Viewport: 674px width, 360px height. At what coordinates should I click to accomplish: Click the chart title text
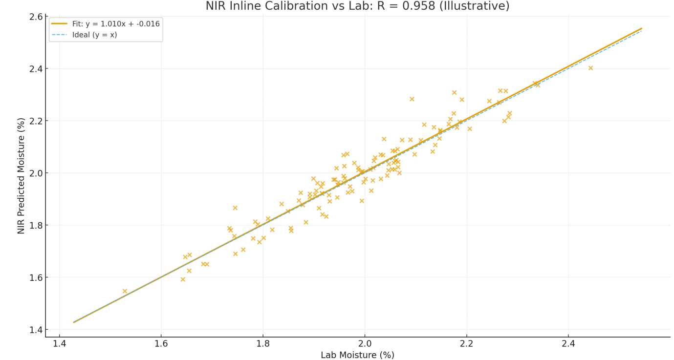pos(357,6)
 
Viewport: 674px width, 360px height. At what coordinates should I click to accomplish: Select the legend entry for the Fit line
pos(106,24)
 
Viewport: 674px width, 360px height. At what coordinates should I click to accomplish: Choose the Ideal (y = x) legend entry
pos(84,35)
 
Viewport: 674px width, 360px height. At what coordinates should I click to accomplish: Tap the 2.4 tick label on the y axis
pos(36,69)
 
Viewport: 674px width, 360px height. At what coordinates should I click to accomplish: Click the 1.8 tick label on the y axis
pos(36,225)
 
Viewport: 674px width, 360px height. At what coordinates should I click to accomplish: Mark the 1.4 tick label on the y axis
pos(36,330)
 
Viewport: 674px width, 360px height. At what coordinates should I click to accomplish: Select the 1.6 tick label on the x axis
pos(161,344)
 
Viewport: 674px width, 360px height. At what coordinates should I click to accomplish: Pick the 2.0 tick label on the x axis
pos(365,344)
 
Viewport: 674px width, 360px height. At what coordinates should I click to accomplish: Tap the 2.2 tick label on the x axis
pos(467,344)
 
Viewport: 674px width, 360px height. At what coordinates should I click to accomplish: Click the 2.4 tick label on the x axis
pos(568,344)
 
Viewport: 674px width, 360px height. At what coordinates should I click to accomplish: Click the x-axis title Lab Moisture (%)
pos(357,355)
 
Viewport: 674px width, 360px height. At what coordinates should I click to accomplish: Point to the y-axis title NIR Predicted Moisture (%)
pos(21,176)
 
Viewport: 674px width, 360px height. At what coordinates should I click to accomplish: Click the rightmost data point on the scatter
pos(590,68)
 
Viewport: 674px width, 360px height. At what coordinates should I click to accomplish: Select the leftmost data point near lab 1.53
pos(125,291)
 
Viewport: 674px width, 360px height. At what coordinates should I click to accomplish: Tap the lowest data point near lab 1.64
pos(183,279)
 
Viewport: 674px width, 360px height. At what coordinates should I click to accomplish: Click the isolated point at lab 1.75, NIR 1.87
pos(235,208)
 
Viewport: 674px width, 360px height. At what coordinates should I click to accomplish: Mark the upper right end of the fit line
pos(642,28)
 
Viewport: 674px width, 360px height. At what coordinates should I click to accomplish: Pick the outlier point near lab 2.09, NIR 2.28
pos(412,99)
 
